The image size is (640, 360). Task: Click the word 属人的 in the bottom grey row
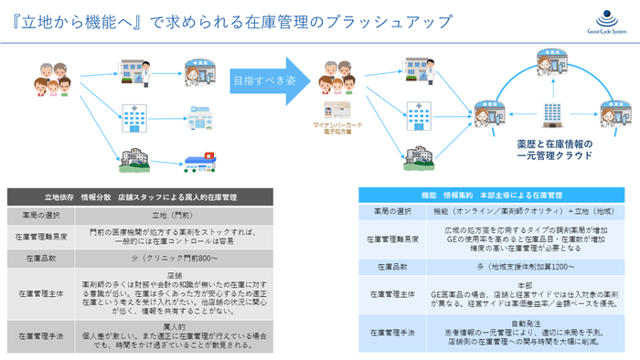175,326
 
